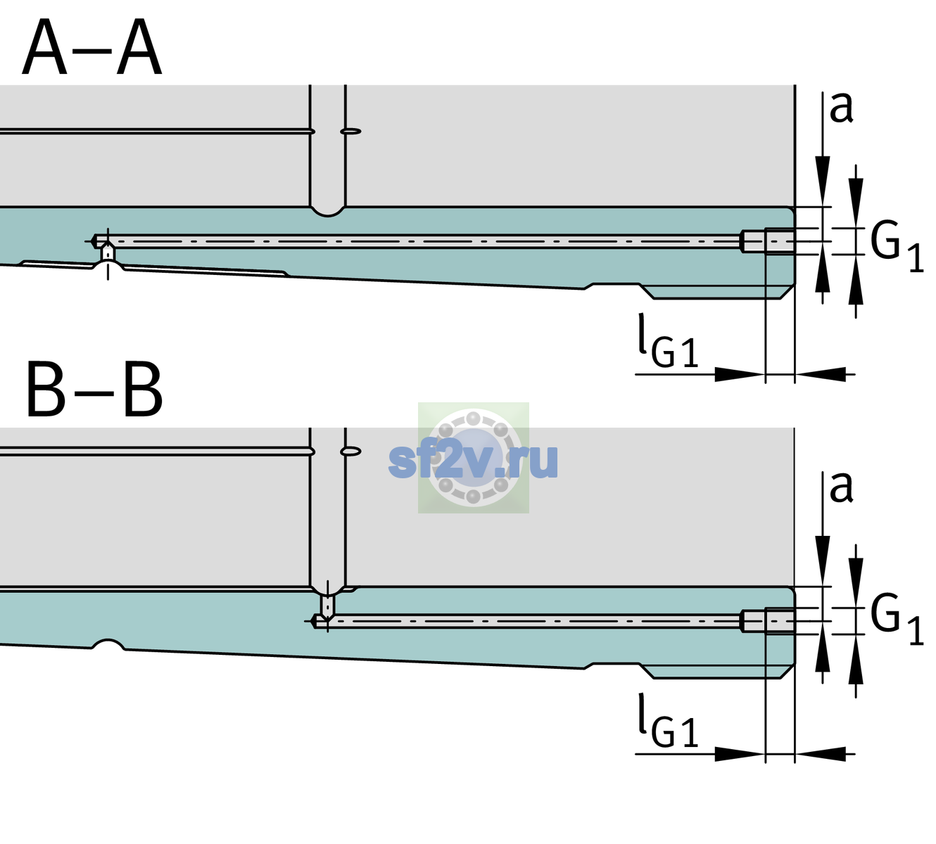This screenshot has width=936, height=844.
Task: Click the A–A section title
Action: pos(92,48)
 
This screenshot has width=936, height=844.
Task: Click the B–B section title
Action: pos(95,390)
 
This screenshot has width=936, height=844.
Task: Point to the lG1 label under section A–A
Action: pos(668,341)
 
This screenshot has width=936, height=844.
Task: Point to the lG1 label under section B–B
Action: pos(668,721)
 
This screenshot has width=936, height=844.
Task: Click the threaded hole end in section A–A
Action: pos(768,241)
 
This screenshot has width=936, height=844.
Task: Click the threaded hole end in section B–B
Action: pos(768,621)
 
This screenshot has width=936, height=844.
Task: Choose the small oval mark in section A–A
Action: pos(351,132)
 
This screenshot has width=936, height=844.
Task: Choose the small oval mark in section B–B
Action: pos(351,452)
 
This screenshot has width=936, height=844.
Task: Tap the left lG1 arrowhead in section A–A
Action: pos(740,374)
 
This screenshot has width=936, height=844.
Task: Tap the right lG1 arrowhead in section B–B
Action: pos(821,753)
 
